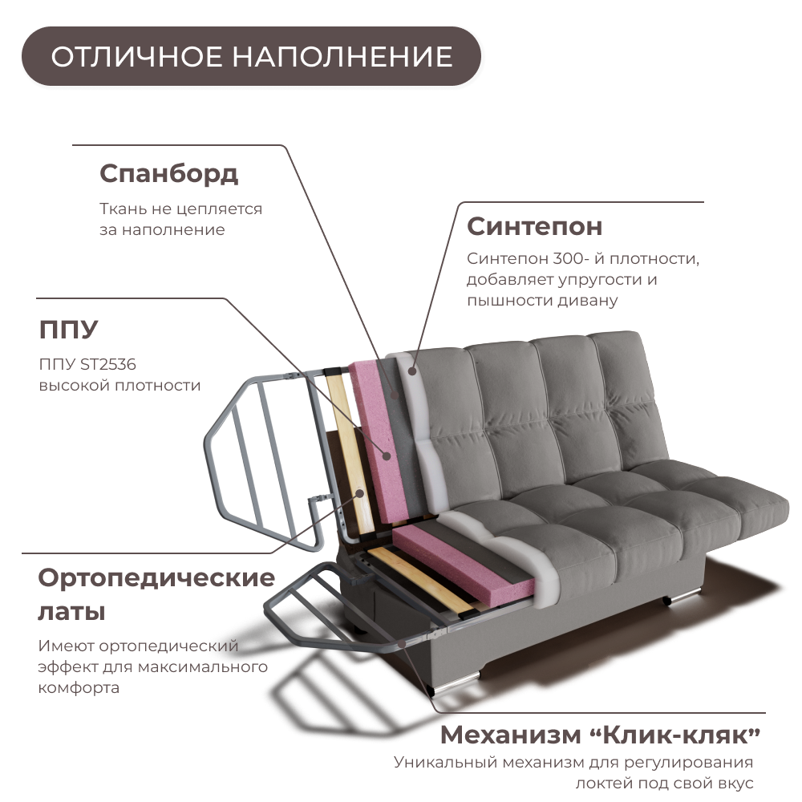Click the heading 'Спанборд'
169,173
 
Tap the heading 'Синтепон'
534,226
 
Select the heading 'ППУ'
68,330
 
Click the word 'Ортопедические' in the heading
156,577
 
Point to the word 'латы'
71,613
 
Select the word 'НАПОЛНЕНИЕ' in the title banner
342,57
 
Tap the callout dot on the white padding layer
412,371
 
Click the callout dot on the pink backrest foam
387,456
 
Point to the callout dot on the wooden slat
360,492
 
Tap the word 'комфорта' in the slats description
79,688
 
